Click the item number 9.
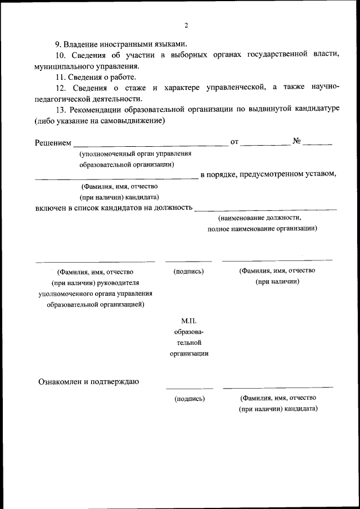58,44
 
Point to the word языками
168,44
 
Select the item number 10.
61,55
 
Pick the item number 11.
61,77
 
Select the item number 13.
61,109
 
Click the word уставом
321,174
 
